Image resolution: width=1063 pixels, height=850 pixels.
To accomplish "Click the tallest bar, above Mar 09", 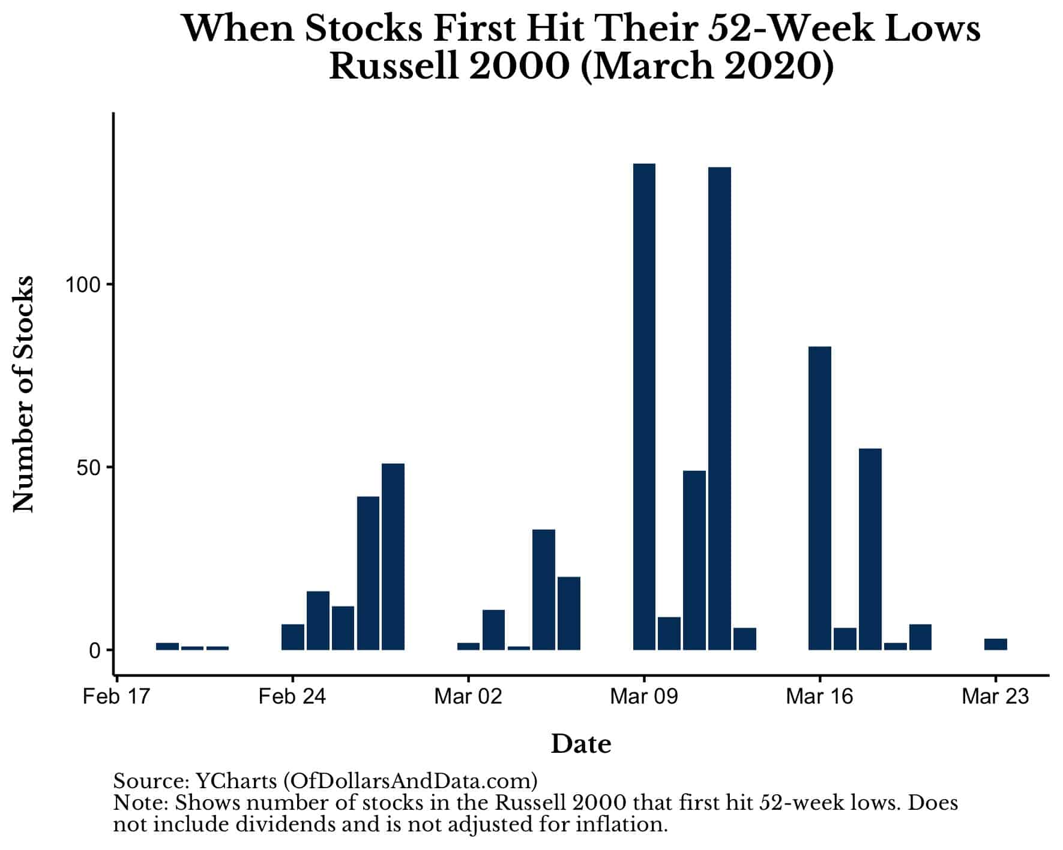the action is pos(644,407).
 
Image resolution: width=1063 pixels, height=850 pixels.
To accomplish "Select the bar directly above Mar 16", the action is pos(820,498).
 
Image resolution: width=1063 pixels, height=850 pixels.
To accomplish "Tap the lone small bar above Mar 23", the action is pos(996,644).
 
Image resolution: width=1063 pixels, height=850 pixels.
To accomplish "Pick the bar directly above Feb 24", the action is pos(293,637).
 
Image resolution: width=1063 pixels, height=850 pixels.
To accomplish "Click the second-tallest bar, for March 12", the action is pos(720,409).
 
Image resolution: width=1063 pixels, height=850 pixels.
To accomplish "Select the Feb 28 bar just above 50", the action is pos(393,557).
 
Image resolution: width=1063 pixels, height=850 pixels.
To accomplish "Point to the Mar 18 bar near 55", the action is pos(870,549).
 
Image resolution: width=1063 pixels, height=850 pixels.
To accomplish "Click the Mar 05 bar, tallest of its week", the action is pos(544,590).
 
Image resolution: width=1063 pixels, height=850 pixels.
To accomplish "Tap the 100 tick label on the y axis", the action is pos(82,284).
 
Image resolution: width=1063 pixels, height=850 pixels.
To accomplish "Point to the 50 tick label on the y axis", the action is pos(88,467).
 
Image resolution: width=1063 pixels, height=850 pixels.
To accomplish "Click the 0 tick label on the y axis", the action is pos(94,650).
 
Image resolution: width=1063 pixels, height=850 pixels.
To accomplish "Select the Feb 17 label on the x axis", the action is pos(116,696).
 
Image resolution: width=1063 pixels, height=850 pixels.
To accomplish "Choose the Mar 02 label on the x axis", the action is pos(468,696).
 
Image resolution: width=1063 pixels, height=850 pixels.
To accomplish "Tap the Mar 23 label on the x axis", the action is pos(995,696).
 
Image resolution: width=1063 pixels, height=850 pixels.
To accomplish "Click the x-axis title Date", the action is pos(581,744).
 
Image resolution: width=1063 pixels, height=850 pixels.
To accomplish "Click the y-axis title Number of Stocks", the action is pos(24,394).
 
